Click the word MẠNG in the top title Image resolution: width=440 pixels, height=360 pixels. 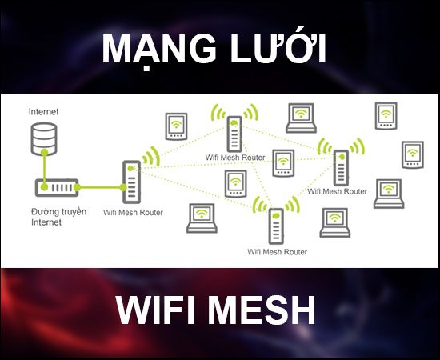159,50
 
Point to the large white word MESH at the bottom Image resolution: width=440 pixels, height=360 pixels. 262,310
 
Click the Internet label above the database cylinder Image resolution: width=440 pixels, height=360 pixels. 43,112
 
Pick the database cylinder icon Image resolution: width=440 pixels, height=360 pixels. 44,139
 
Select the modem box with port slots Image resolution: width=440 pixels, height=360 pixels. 57,187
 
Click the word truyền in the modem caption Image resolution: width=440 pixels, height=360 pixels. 74,211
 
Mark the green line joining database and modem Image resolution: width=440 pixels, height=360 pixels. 44,170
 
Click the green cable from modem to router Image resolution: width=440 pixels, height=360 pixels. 100,187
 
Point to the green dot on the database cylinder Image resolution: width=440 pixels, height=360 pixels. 44,153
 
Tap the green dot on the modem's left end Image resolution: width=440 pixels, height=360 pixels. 44,187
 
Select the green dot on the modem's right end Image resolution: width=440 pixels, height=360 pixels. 77,187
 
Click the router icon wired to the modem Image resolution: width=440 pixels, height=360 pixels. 132,182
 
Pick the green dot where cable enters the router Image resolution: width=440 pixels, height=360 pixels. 123,187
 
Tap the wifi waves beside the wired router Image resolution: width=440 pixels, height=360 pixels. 151,156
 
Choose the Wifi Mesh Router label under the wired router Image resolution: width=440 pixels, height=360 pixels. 133,213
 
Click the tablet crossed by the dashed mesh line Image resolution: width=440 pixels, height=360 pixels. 283,163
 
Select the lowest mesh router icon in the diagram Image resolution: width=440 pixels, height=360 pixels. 276,226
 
